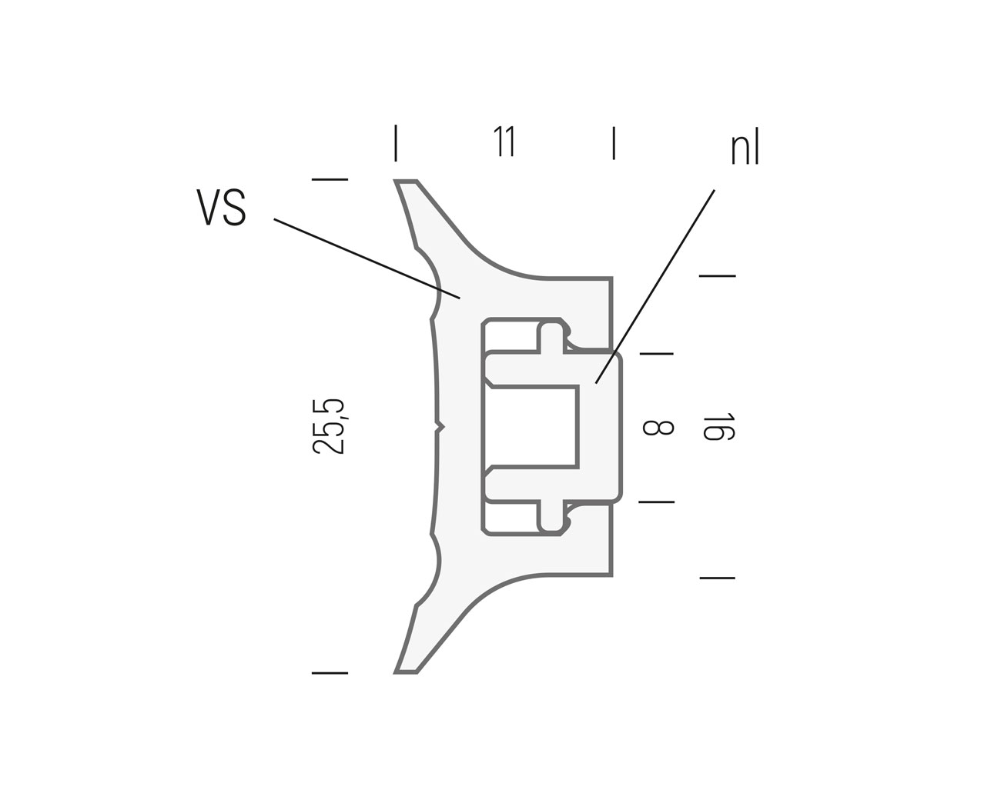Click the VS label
click(222, 208)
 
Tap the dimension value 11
click(504, 142)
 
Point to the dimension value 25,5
click(330, 427)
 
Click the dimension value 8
click(658, 428)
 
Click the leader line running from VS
click(367, 258)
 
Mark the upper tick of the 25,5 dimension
click(330, 180)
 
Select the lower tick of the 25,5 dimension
click(330, 673)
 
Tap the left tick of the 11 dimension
click(396, 143)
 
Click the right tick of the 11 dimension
click(613, 143)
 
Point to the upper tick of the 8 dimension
click(656, 354)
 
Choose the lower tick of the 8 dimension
click(656, 502)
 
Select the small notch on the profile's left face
click(440, 426)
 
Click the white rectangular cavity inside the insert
click(531, 426)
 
